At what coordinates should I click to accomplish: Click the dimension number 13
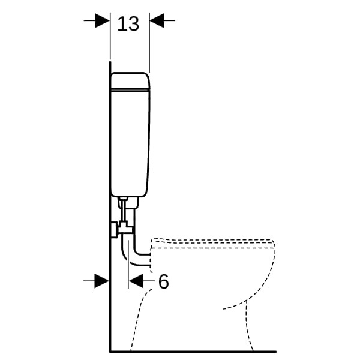[128, 24]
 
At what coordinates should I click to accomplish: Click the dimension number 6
[163, 281]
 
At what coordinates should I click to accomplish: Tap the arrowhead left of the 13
[102, 20]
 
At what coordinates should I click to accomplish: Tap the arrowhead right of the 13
[157, 20]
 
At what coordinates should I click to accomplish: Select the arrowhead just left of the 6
[136, 281]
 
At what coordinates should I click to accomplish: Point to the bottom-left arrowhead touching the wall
[102, 281]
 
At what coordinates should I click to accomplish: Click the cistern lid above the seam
[130, 80]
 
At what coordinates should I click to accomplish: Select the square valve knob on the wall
[114, 230]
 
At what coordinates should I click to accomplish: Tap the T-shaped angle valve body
[125, 228]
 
